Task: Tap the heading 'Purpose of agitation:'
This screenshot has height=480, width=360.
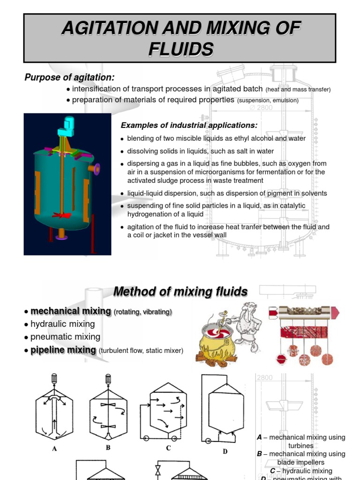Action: point(69,77)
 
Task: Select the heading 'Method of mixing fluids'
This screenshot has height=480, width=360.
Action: point(180,292)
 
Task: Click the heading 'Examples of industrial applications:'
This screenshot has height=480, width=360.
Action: point(189,125)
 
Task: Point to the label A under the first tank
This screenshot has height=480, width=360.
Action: point(54,449)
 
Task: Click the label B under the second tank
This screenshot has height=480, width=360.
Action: point(108,448)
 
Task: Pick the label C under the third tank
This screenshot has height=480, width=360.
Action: point(169,449)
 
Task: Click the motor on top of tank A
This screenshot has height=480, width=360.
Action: point(54,378)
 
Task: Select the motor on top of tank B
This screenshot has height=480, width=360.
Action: point(108,378)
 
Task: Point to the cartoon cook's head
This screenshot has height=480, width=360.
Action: point(243,314)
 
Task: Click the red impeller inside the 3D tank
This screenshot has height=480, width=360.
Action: point(62,216)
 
